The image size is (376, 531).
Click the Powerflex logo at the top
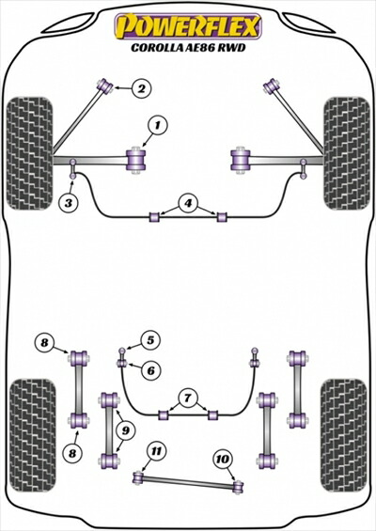point(188,26)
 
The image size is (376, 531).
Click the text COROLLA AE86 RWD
point(188,48)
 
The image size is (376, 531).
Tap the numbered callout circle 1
point(158,126)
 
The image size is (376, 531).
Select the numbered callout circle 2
point(142,88)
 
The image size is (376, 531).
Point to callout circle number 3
point(69,203)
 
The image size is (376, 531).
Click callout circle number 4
point(188,204)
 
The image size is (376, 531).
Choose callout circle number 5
point(150,340)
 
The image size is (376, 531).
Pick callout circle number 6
point(150,370)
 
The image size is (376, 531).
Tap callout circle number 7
point(188,398)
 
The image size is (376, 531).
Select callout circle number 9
point(126,430)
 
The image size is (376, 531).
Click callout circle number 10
point(222,459)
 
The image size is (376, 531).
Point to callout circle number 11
point(156,451)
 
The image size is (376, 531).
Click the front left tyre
point(30,153)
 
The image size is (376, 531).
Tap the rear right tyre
point(344,435)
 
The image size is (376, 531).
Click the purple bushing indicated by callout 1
point(137,160)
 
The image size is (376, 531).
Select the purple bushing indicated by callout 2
point(105,86)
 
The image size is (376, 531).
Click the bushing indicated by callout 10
point(239,487)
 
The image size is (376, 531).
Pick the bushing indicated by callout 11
point(138,477)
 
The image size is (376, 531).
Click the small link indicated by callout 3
point(72,168)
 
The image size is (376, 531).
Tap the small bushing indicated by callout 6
point(122,364)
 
